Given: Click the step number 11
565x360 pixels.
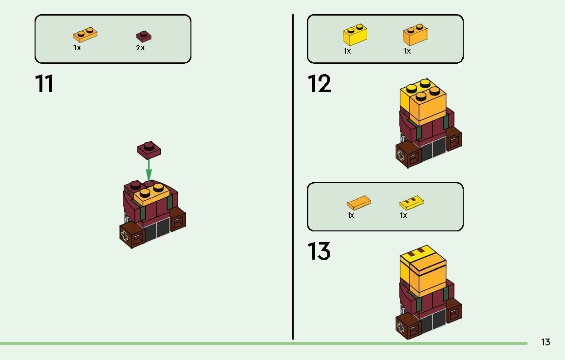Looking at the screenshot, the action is point(44,84).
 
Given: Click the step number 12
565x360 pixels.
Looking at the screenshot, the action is point(319,84).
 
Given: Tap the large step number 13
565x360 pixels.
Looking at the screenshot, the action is point(319,251).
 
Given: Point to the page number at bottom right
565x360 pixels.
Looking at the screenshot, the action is point(546,342).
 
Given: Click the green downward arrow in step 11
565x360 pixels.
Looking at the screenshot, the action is point(149,170).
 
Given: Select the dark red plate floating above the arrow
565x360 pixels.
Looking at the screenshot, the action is point(149,150).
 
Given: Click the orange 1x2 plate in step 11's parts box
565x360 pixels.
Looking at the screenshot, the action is point(85,34).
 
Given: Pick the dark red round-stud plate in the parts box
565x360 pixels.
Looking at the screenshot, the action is point(144,36).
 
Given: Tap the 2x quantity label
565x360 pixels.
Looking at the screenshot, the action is point(140,48).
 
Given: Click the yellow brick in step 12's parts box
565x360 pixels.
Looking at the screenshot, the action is point(355,35).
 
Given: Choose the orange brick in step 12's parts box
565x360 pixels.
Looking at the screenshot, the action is point(415,35).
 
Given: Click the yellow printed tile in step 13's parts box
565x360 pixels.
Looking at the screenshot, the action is point(412,203).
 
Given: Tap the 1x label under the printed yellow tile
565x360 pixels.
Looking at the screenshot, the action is point(403,215).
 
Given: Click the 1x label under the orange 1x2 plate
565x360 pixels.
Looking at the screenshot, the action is point(77,48).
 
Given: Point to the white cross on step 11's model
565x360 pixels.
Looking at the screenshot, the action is point(125,236).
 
